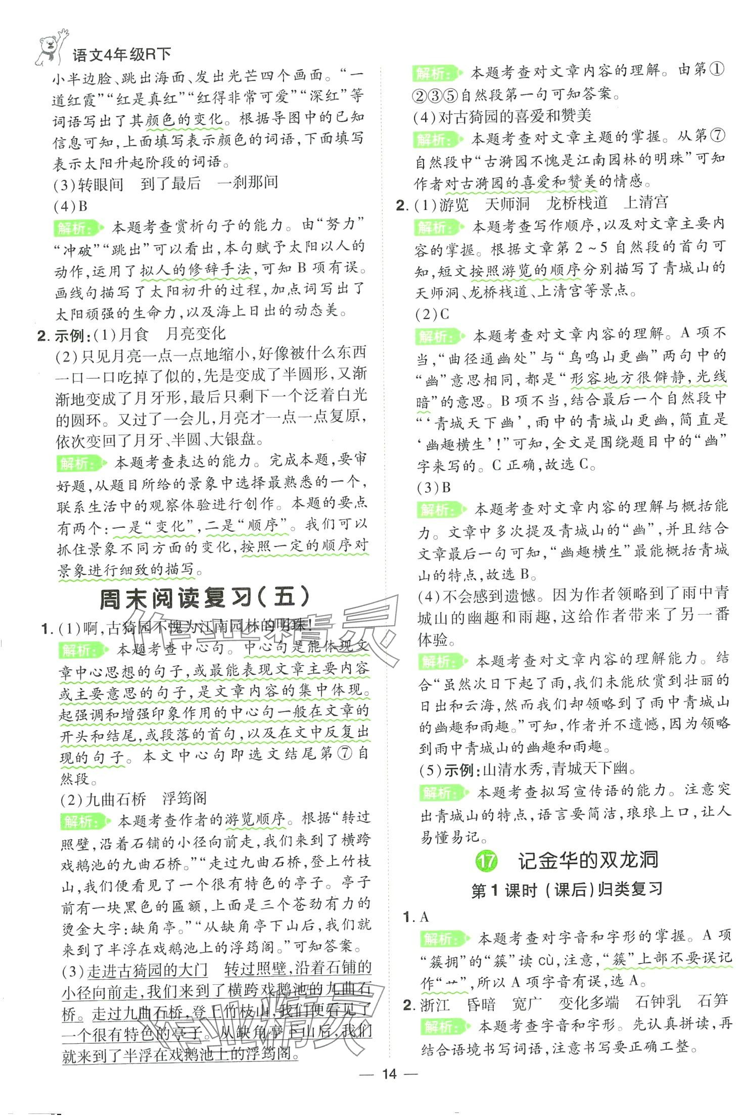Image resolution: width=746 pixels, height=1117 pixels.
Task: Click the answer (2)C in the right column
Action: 432,315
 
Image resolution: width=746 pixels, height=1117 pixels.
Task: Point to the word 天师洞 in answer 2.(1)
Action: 507,204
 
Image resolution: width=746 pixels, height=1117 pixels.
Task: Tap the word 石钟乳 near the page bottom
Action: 658,1001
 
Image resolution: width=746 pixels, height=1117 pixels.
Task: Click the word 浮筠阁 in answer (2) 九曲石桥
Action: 184,798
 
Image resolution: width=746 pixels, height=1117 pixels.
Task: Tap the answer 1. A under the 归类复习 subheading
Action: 418,917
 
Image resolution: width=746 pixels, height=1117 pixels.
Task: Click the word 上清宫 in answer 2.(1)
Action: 645,202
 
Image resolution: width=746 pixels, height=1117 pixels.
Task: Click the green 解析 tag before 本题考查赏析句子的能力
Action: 78,228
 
